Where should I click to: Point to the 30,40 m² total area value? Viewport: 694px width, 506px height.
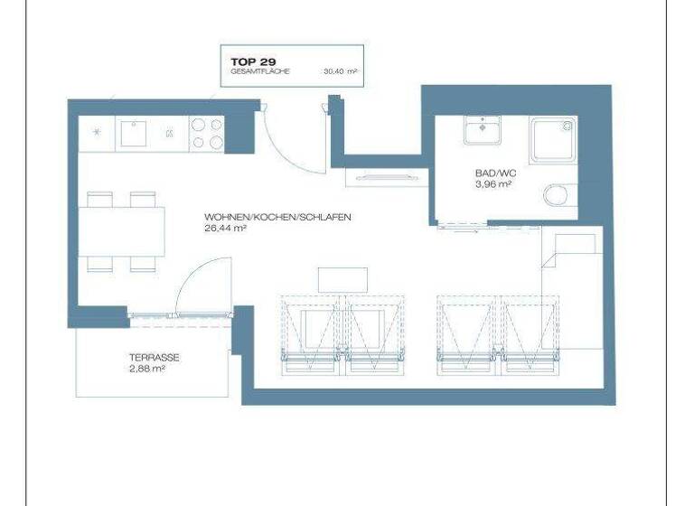click(340, 70)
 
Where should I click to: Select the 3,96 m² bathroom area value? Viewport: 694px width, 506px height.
click(493, 183)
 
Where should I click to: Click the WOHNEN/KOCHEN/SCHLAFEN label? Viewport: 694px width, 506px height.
click(277, 218)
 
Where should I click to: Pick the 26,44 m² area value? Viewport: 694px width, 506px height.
click(226, 229)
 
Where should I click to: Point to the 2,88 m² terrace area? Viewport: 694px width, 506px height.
click(146, 369)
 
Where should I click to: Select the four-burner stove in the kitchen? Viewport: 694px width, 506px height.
click(205, 134)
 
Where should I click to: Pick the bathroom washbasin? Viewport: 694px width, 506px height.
click(486, 130)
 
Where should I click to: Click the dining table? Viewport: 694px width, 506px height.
click(122, 231)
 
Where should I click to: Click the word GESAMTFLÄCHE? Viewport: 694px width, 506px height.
click(259, 70)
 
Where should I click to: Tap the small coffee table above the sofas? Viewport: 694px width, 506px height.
click(343, 279)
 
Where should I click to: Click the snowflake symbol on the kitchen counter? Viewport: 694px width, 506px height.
click(98, 133)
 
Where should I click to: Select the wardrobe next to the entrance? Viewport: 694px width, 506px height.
click(388, 177)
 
